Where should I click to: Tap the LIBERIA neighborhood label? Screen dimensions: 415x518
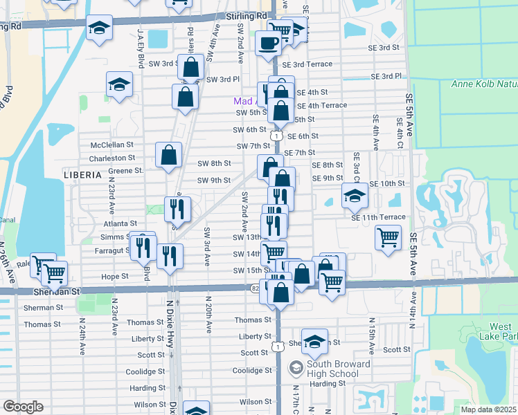[x=82, y=175]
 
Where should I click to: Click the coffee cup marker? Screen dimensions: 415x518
[x=268, y=43]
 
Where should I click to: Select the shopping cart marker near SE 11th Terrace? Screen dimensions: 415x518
[x=388, y=237]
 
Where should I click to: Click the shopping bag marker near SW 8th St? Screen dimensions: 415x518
[x=169, y=156]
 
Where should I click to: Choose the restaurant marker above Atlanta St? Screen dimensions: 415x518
[x=177, y=207]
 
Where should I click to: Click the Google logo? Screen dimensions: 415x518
[x=23, y=406]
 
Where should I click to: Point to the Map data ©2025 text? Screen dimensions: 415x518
[x=488, y=409]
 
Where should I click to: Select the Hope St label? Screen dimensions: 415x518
[x=115, y=276]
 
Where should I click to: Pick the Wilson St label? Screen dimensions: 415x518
[x=150, y=404]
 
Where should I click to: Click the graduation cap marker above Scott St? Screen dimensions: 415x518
[x=314, y=340]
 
